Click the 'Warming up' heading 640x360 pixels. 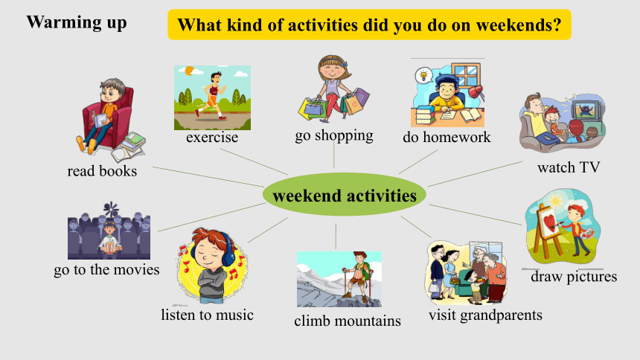77,22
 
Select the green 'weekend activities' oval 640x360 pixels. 345,195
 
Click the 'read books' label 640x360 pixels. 102,171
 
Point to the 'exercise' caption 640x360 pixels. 212,137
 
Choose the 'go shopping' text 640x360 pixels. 334,135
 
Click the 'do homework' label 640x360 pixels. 447,137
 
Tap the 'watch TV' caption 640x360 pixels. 569,167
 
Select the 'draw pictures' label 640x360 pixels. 574,277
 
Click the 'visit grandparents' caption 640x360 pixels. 485,315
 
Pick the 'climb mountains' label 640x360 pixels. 348,321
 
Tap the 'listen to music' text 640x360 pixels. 208,315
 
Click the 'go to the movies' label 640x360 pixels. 106,270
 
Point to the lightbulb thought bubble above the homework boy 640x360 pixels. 423,76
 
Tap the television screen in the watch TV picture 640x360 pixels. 586,109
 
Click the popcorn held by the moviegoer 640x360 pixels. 110,247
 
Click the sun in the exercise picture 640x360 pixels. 189,71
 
